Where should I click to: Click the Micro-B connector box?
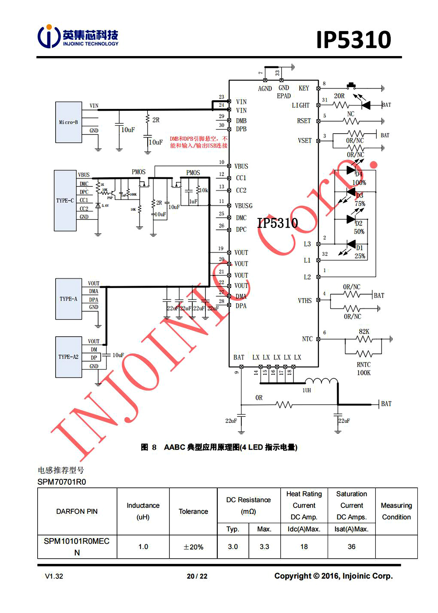68,122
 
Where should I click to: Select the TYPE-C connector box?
65,201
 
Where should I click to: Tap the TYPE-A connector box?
68,299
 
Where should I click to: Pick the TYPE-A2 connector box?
68,357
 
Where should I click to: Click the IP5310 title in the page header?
353,40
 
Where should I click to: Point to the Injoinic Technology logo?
78,36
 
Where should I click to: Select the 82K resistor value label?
364,331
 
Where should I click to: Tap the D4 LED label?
359,174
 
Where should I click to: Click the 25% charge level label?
360,256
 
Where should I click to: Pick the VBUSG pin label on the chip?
244,206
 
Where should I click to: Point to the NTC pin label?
307,339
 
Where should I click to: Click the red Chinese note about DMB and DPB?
199,142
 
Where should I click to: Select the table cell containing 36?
351,546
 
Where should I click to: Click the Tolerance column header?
193,511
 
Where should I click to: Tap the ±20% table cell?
193,547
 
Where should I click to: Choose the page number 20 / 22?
197,576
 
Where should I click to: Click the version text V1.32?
54,576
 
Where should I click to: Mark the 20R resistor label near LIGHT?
339,96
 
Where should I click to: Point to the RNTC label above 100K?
364,364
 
